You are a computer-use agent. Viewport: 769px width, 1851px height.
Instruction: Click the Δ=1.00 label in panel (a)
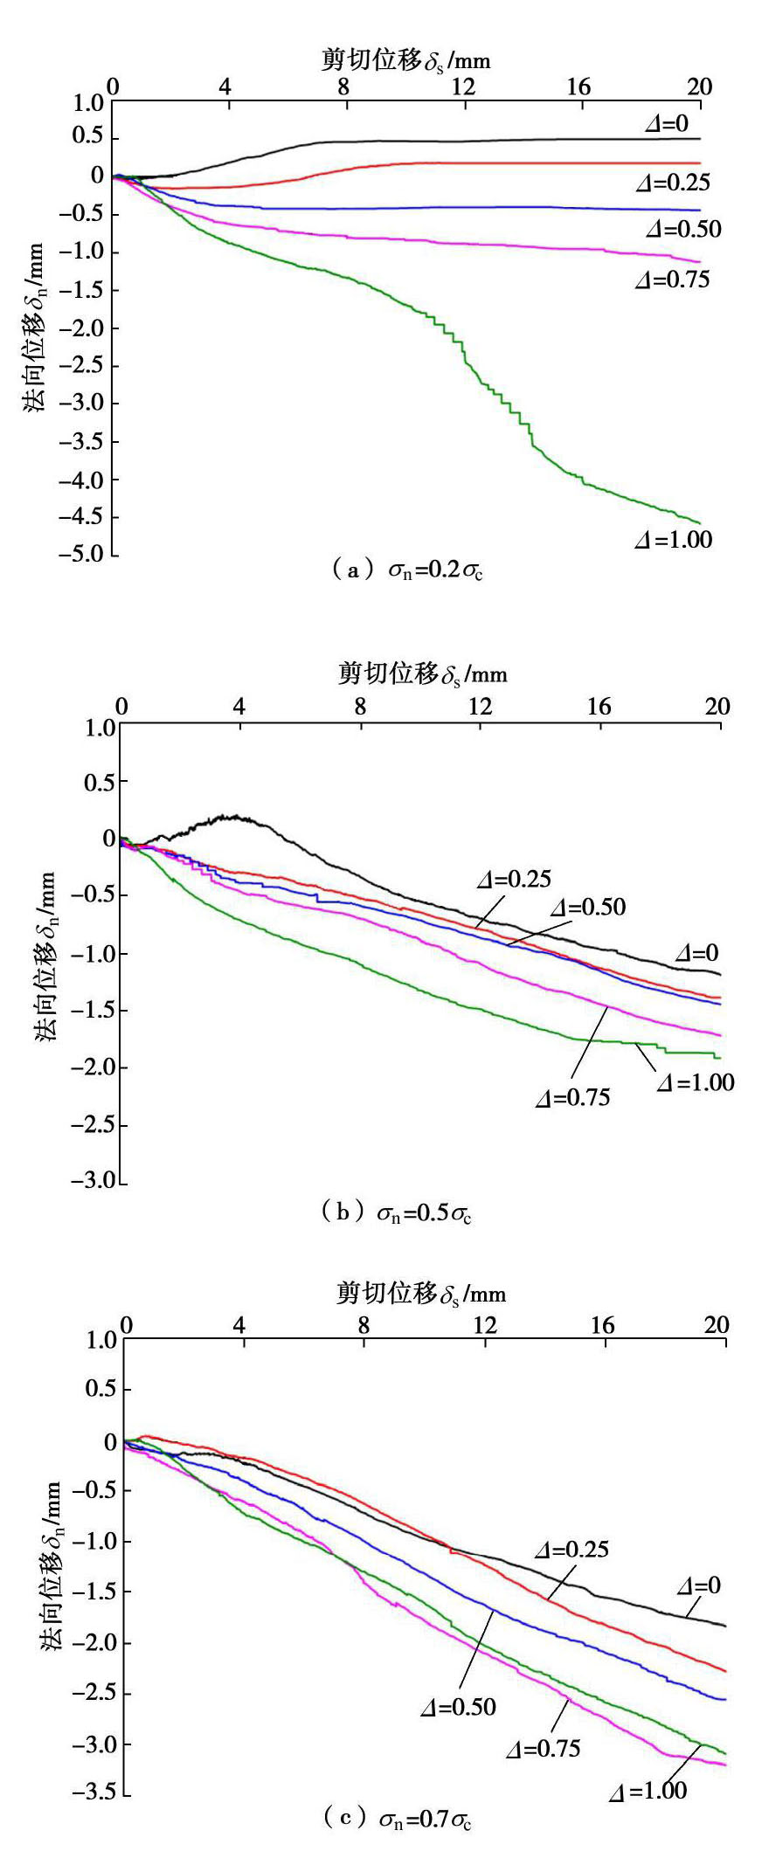coord(673,540)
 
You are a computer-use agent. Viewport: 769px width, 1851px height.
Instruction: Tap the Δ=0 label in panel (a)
coord(667,124)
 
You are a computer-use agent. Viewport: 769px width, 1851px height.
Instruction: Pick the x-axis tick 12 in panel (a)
coord(463,86)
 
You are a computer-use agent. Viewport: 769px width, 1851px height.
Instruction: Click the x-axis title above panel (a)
coord(405,59)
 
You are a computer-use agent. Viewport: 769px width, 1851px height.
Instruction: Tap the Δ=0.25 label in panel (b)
coord(514,880)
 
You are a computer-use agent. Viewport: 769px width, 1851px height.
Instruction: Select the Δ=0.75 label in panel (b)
coord(572,1098)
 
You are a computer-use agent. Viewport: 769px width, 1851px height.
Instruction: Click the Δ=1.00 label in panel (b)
coord(696,1083)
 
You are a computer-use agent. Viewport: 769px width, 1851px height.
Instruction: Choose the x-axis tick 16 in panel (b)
coord(599,706)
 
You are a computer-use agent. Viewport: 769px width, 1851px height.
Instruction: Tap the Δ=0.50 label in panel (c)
coord(458,1707)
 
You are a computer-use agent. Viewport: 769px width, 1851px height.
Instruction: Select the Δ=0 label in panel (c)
coord(699,1585)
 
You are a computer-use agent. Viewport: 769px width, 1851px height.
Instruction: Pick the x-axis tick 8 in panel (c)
coord(364,1325)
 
